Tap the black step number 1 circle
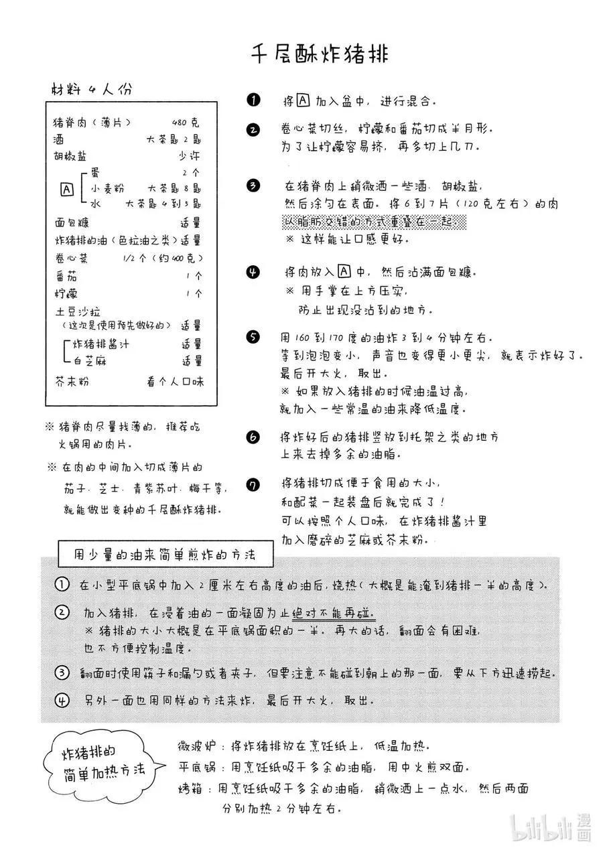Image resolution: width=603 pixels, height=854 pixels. click(253, 101)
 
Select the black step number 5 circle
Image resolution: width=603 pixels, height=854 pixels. click(253, 337)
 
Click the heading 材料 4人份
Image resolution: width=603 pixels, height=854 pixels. click(92, 88)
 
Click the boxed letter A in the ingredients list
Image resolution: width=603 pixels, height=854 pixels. click(67, 189)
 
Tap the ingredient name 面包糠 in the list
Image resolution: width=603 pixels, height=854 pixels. click(72, 223)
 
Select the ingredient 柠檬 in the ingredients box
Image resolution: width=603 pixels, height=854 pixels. click(66, 293)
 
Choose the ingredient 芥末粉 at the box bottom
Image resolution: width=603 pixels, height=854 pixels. click(72, 382)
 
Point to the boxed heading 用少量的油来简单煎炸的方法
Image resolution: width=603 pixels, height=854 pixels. click(163, 555)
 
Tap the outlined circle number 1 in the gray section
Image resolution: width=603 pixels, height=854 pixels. click(62, 585)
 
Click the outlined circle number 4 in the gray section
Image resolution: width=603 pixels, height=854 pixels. click(62, 701)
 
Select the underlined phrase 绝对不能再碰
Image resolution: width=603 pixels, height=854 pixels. click(333, 613)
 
